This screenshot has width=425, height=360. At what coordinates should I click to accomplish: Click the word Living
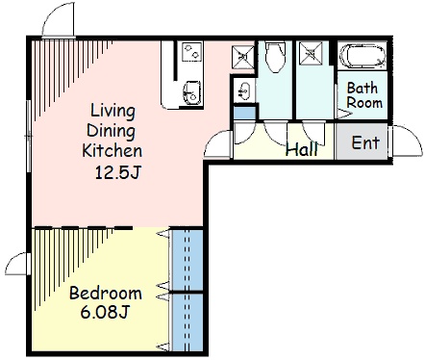point(112,112)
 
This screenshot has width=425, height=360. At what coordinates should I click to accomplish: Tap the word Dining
point(111,131)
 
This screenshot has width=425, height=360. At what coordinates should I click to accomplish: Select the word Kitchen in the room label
point(112,150)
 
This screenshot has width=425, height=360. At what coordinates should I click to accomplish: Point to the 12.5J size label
point(117,172)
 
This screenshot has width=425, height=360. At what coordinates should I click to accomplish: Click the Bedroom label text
point(106,293)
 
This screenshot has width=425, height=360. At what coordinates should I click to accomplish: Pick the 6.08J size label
point(105,312)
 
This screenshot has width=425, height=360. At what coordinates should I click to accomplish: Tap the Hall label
point(302,148)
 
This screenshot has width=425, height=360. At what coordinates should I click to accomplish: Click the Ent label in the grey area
point(365,142)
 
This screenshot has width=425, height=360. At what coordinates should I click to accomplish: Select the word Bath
point(362,88)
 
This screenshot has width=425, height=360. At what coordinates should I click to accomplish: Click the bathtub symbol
point(362,56)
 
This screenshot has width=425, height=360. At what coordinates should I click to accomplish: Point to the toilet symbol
point(275,57)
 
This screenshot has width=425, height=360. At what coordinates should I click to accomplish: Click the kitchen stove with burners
point(191,52)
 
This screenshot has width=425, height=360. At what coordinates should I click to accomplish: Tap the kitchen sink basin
point(191,92)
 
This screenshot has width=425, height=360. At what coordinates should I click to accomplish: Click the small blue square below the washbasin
point(244,113)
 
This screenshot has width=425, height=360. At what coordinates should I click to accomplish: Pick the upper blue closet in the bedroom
point(187,260)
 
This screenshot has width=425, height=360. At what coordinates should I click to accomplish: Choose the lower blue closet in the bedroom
point(187,322)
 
